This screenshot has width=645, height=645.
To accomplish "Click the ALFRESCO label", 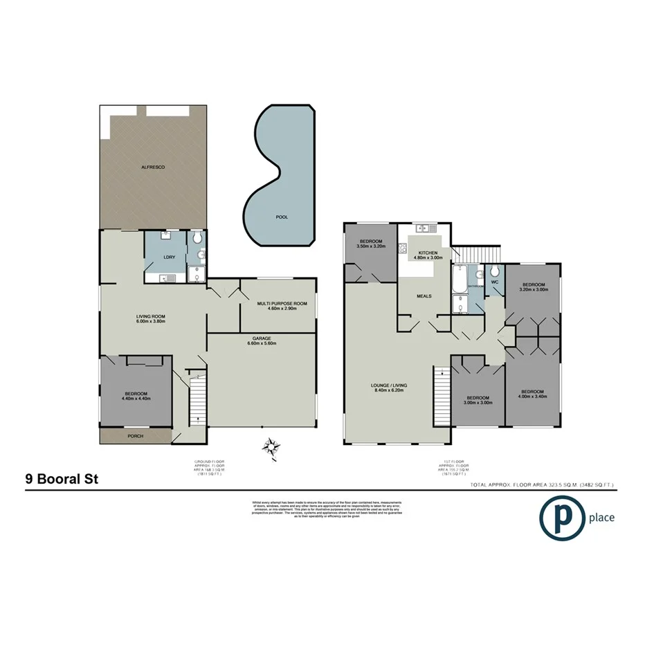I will tap(154, 167).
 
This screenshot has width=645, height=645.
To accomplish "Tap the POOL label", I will tap(282, 217).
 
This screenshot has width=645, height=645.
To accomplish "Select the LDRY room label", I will tap(167, 257).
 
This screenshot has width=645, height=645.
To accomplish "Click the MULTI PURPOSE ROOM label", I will tap(277, 304).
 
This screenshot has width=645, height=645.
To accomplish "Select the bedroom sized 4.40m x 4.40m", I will tap(136, 395).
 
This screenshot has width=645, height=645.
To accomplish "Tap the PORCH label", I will tap(135, 437).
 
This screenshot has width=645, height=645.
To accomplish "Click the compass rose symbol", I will tap(271, 447).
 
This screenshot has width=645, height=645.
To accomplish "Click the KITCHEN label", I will tap(426, 253).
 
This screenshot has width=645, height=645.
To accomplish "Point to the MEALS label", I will tap(424, 296).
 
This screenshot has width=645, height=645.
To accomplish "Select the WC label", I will tap(494, 282).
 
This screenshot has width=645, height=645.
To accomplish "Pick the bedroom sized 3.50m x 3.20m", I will tap(370, 243).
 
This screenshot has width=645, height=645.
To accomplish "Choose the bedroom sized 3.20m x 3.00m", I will tap(534, 287).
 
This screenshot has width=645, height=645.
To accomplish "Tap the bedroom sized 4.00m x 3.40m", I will tap(533, 394).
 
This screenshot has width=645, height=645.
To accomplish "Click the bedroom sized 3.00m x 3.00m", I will tap(478, 399).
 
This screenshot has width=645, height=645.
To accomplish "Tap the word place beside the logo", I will tap(599, 517).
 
